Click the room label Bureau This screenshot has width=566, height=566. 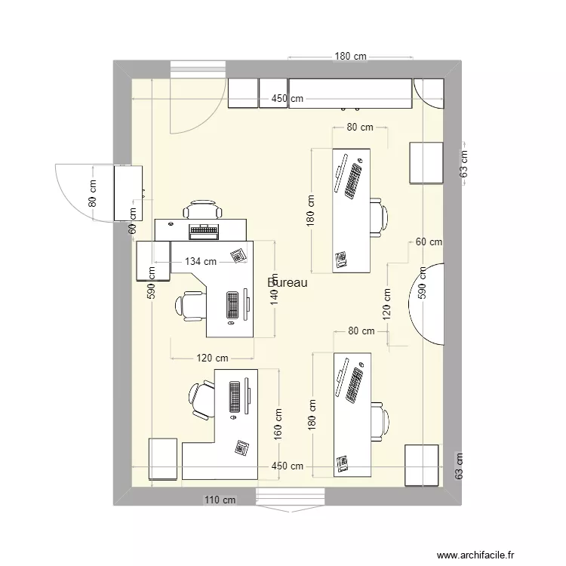[x=288, y=282]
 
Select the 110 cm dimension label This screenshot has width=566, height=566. [x=220, y=500]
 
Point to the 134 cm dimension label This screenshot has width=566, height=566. [x=201, y=261]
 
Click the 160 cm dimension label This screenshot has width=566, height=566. [x=278, y=424]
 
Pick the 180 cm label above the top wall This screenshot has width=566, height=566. [x=351, y=56]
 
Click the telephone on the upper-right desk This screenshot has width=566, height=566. [x=341, y=260]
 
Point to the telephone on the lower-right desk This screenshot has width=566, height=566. [x=342, y=463]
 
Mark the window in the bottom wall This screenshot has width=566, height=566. [x=290, y=498]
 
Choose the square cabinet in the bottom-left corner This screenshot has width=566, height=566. [x=165, y=458]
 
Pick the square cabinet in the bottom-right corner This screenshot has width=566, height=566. [x=421, y=463]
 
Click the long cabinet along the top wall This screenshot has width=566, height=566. [x=350, y=93]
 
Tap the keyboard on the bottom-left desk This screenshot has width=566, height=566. [x=235, y=397]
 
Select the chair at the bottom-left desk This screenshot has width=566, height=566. [x=201, y=399]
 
